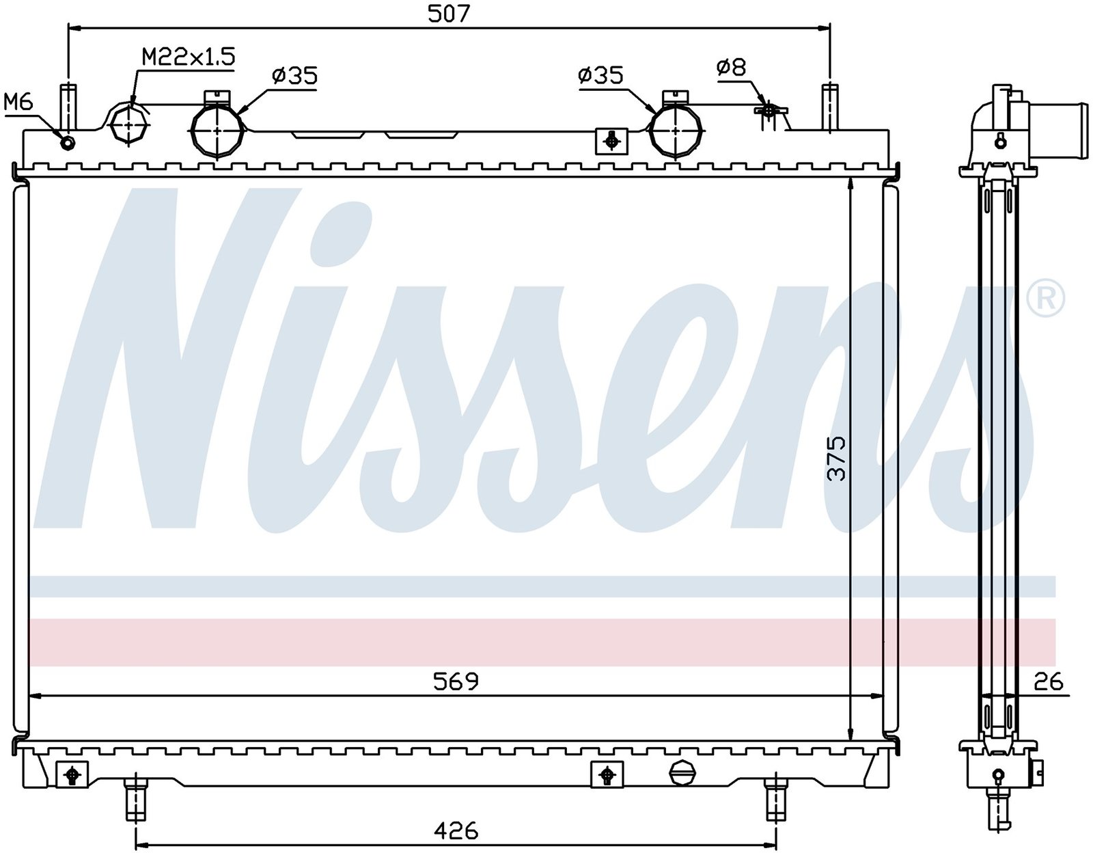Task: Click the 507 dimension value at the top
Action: [448, 14]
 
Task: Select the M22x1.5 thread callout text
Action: [188, 57]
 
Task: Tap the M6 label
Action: [18, 102]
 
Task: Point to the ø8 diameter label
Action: [731, 68]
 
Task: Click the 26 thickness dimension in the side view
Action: [1048, 682]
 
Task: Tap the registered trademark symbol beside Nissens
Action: [1047, 299]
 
